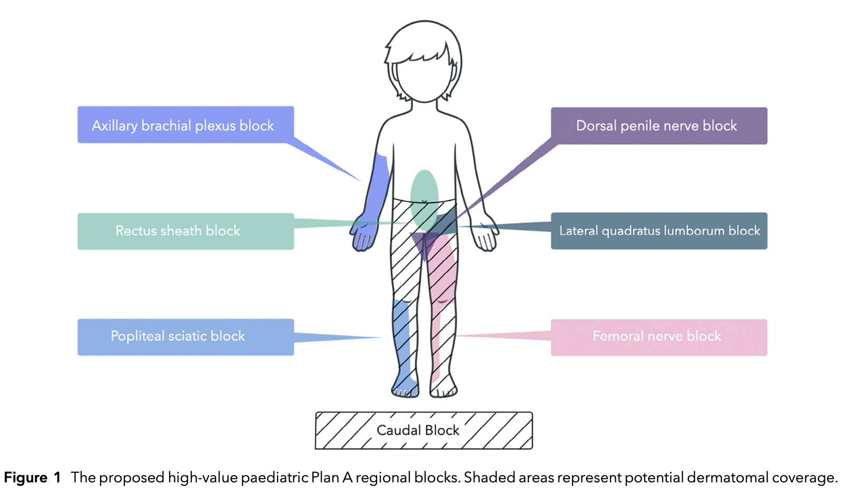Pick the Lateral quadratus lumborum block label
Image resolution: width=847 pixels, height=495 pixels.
point(659,231)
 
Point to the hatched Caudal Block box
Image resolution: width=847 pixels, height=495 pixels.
point(423,431)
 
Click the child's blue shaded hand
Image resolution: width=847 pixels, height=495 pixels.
point(364,236)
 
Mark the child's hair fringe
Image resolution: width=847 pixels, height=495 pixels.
point(421,53)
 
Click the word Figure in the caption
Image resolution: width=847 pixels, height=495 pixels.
point(26,478)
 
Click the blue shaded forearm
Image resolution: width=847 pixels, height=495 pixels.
point(378,190)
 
